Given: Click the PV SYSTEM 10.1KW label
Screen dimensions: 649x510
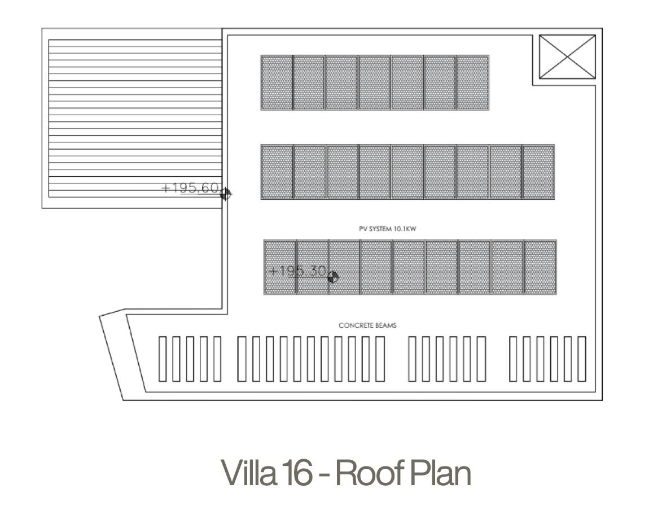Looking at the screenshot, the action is pos(387,229).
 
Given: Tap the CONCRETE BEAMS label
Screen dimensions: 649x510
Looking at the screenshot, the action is pos(367,326).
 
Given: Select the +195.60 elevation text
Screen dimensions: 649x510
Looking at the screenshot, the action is pos(190,188).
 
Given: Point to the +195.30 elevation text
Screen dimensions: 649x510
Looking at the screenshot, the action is pos(298,271).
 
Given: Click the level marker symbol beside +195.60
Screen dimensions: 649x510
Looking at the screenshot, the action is pos(226,194).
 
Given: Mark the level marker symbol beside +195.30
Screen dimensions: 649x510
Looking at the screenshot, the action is pos(332,277).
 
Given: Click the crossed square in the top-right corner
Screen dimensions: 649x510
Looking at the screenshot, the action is pos(567,56).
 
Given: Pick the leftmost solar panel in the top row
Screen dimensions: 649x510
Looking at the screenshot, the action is pos(277,83).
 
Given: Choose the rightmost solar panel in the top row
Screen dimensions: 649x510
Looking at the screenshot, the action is pos(473,83).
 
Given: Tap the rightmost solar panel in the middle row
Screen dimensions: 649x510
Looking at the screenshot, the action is pos(538,172).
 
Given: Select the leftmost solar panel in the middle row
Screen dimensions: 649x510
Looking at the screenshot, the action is pos(277,172).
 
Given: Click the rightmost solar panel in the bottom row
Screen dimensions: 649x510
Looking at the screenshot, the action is pos(541,267).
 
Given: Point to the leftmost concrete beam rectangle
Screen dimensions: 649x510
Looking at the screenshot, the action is pos(163,359).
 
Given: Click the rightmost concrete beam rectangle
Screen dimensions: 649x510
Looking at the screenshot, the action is pos(582,359).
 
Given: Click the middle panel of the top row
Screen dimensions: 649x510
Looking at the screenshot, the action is pos(375,83).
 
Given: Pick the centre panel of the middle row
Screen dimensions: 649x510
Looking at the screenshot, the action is pos(407,172).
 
